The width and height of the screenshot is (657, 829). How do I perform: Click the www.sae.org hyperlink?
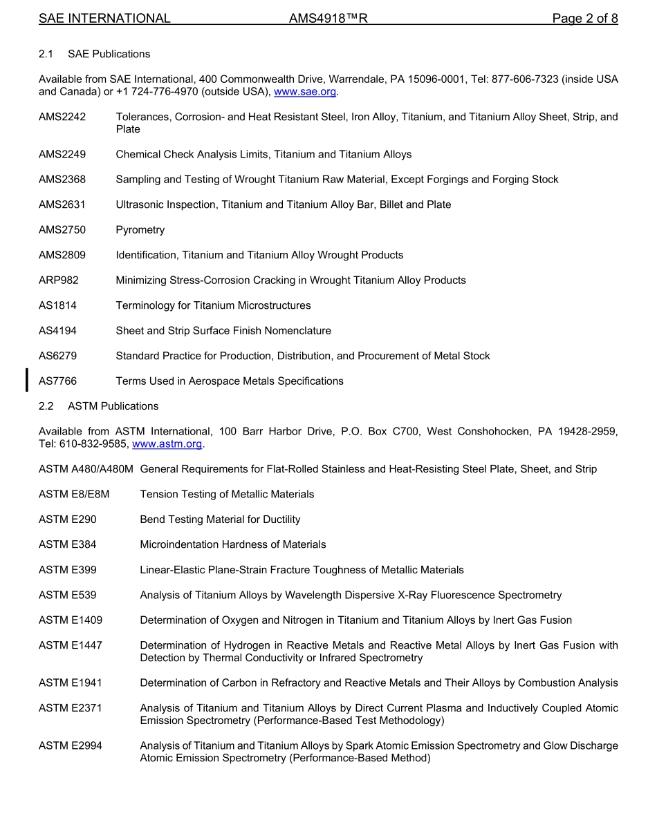tap(305, 92)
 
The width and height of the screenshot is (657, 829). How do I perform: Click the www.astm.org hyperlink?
tap(167, 444)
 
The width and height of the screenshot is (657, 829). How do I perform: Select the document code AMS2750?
tap(62, 230)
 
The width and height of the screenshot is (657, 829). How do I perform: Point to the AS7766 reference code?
tap(57, 381)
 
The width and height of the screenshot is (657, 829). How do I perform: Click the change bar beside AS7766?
tap(27, 381)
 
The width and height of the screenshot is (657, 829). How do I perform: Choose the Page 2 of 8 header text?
tap(584, 19)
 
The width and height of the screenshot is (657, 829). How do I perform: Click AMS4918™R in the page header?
tap(328, 19)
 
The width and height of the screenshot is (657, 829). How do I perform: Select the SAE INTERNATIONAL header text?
tap(104, 19)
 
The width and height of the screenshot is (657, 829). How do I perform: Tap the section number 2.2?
tap(46, 406)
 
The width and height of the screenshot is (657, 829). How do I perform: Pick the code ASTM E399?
tap(68, 570)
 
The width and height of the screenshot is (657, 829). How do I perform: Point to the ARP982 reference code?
tap(59, 280)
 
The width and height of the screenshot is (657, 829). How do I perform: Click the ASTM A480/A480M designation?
tap(86, 469)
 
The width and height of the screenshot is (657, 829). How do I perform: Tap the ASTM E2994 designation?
tap(71, 746)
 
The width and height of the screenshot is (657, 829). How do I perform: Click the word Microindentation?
tap(178, 544)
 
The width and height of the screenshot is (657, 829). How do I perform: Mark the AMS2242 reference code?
tap(62, 117)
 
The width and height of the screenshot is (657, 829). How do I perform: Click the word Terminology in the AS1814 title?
tap(145, 305)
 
